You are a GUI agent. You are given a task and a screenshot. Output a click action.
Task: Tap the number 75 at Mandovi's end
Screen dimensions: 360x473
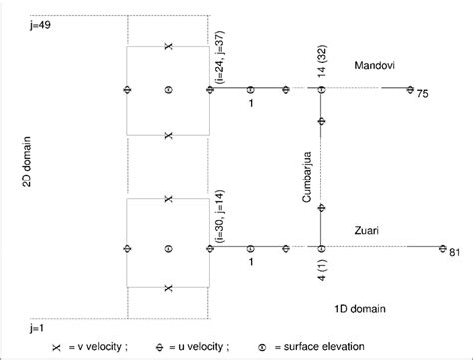[422, 95]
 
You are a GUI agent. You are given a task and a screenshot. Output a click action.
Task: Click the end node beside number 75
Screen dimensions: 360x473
[411, 89]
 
